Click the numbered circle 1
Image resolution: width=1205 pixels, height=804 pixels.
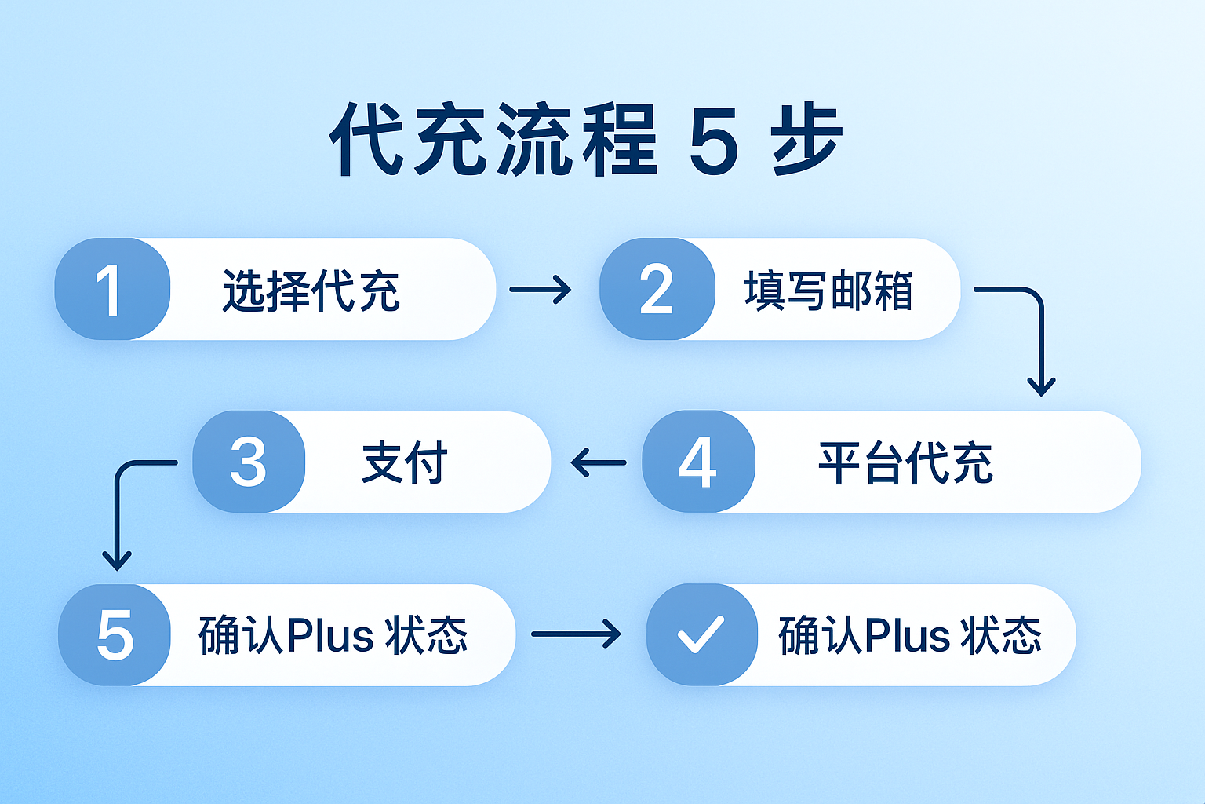[111, 289]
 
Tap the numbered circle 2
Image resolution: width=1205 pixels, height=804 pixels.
[657, 289]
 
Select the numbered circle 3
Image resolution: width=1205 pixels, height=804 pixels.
[249, 462]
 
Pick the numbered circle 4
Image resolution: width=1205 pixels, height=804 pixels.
[698, 462]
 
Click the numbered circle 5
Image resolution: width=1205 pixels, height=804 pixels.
[115, 634]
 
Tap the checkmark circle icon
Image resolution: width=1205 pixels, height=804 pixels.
[701, 634]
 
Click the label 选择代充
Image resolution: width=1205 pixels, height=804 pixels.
[311, 291]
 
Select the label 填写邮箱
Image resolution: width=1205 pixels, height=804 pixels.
[828, 291]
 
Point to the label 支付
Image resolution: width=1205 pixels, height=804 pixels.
[404, 462]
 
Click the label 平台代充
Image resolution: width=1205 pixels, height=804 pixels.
[905, 463]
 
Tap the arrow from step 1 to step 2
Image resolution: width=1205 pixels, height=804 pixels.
[541, 289]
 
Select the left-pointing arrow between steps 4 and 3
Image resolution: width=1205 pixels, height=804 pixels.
[599, 462]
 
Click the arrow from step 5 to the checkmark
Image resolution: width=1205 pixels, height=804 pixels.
[576, 634]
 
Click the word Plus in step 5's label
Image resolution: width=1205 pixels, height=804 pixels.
[329, 635]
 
